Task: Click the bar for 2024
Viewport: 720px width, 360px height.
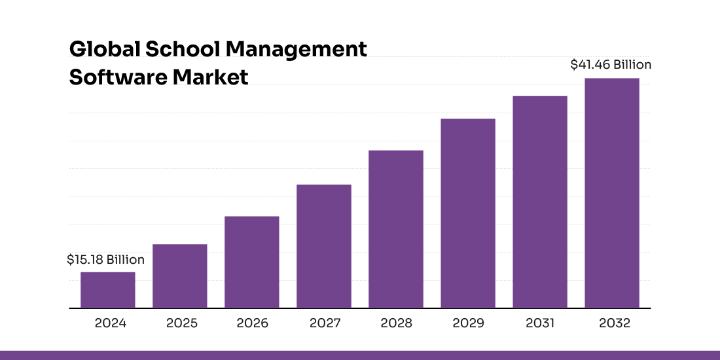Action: coord(108,290)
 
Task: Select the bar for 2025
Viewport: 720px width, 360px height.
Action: coord(180,276)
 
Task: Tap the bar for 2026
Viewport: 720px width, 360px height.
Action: coord(252,262)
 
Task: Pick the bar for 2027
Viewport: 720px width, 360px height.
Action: coord(324,246)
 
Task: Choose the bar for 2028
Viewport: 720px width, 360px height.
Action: coord(396,229)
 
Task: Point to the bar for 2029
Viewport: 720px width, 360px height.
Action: coord(468,213)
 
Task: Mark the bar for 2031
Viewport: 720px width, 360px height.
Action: coord(540,202)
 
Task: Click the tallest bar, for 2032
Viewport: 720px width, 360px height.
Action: coord(612,193)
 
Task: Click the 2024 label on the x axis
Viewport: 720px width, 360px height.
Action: coord(110,323)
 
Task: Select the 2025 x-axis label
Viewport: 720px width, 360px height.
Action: coord(182,323)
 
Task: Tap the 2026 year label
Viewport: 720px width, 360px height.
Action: coord(252,323)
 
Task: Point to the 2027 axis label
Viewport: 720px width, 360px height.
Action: coord(325,323)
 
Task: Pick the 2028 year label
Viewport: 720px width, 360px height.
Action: coord(396,323)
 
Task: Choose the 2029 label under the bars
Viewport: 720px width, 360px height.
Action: coord(468,323)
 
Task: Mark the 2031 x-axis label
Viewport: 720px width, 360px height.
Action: coord(540,323)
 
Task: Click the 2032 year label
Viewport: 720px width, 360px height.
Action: coord(614,323)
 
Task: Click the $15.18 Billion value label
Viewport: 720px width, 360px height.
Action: coord(105,261)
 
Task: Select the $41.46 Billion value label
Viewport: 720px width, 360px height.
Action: coord(611,65)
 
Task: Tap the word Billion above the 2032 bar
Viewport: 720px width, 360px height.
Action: coord(632,65)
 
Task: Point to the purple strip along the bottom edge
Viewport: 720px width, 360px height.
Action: coord(360,355)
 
